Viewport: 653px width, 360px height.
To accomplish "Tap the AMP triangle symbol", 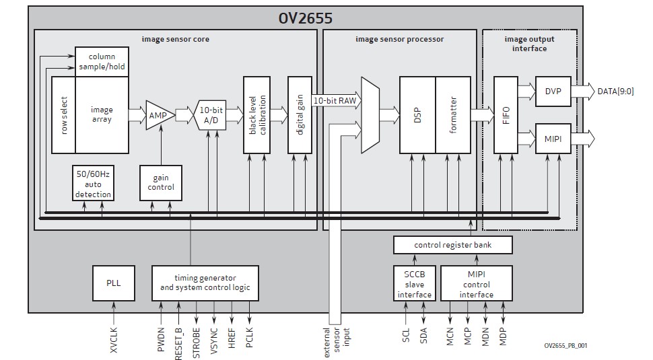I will (x=158, y=115).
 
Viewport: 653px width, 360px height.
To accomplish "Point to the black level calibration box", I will (x=256, y=115).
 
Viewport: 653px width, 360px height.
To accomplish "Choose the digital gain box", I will (x=300, y=115).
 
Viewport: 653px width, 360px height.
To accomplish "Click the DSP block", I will (x=417, y=115).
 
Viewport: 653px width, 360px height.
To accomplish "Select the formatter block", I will (x=453, y=115).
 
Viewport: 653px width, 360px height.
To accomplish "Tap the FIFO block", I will (x=506, y=115).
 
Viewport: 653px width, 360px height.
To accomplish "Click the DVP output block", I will (x=553, y=91).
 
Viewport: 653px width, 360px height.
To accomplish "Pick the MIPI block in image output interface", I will (x=553, y=139).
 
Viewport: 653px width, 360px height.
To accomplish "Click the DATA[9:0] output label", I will (x=615, y=91).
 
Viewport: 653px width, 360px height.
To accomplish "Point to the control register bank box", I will (x=453, y=245).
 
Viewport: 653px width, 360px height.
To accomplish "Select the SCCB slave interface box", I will (x=414, y=283).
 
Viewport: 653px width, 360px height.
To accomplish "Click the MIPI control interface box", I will (x=476, y=283).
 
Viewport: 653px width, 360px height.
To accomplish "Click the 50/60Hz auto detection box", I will (x=93, y=182).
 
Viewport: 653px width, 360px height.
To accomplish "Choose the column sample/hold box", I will (x=101, y=62).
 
